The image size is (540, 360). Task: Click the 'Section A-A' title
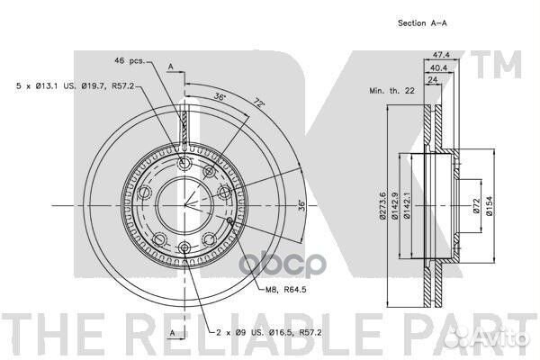coord(422,23)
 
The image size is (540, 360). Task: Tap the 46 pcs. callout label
coord(130,61)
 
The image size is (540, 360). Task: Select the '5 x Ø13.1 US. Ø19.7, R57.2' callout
coord(75,85)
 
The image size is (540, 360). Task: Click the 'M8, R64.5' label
coord(286,290)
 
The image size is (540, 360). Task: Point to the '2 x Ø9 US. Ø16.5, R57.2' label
coord(269,332)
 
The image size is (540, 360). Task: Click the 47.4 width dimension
coord(441,54)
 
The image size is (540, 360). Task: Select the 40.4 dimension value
coord(439,67)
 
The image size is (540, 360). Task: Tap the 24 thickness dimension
coord(432,79)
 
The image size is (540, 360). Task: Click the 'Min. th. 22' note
coord(391,91)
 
